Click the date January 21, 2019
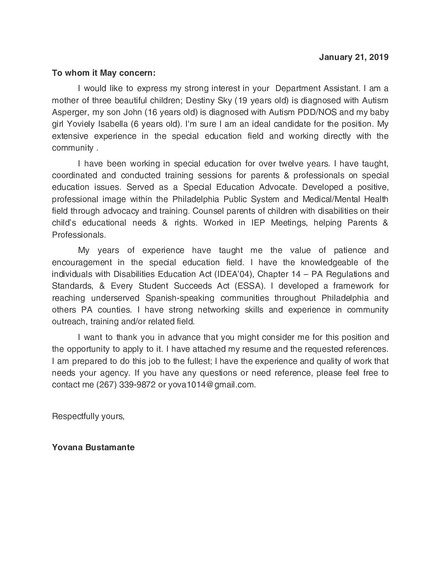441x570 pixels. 353,57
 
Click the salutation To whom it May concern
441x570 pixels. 103,73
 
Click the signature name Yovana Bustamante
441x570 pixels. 93,447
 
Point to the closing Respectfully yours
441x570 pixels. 88,416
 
